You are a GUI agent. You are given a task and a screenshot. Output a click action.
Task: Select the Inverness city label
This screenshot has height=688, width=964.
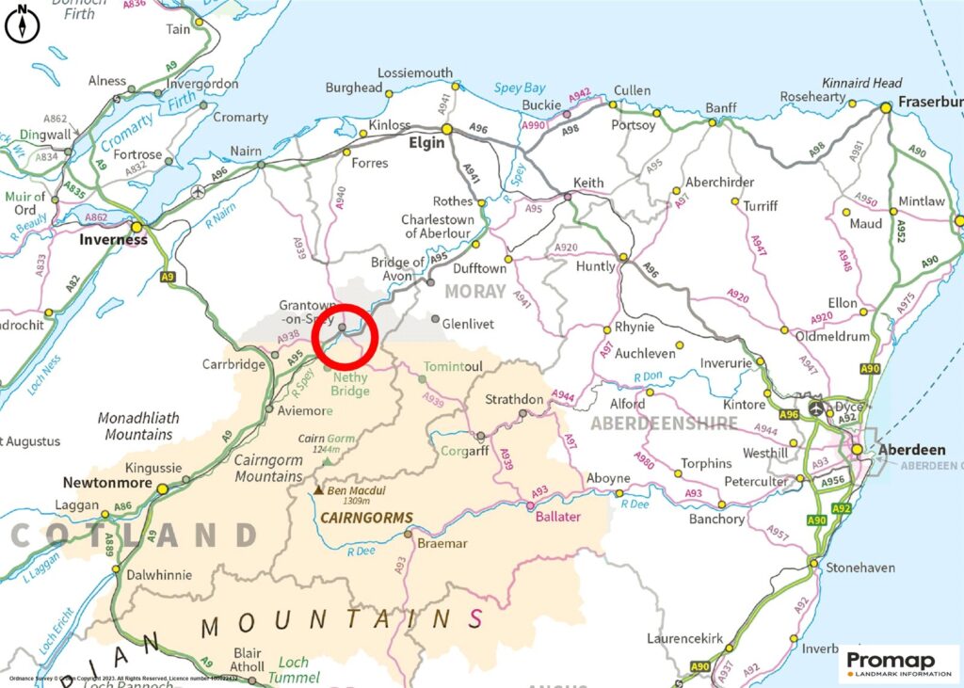112,239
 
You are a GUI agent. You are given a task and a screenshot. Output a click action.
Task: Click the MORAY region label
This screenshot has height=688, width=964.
476,292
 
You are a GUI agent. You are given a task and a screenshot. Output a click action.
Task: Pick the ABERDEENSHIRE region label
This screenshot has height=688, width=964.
664,424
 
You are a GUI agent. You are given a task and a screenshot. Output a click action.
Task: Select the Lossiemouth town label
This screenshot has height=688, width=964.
415,72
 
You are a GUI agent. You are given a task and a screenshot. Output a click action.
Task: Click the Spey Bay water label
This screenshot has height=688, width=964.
520,88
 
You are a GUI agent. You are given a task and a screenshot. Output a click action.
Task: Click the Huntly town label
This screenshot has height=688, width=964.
594,266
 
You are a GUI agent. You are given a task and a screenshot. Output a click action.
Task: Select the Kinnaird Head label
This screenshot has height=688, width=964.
862,83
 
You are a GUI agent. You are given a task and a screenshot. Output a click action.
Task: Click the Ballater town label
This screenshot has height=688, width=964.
558,517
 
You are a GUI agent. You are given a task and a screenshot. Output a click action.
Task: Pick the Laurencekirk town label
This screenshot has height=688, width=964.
685,639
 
